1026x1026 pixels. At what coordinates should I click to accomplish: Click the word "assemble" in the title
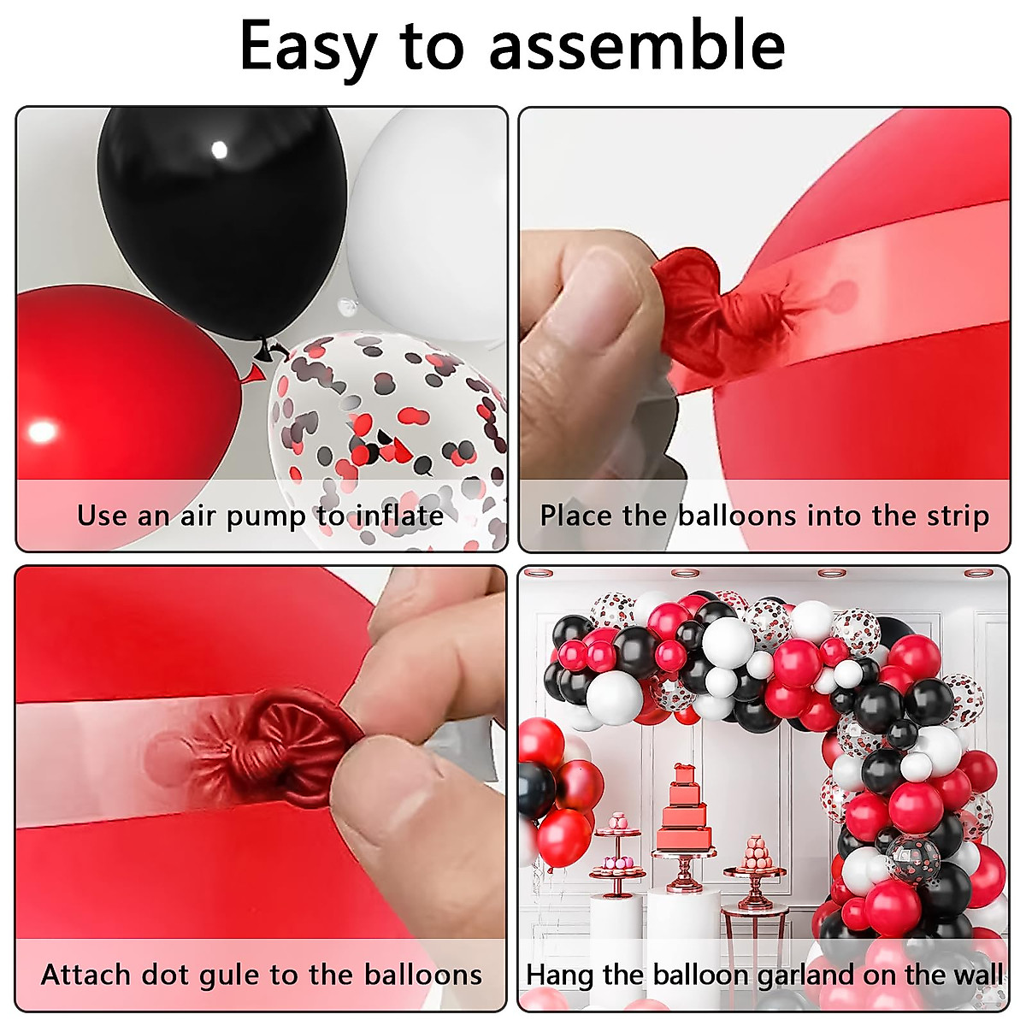[637, 46]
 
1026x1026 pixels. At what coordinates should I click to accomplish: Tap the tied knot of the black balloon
[272, 349]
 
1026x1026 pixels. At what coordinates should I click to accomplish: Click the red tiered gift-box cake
[684, 808]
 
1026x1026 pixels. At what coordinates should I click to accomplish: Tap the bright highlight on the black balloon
[219, 151]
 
